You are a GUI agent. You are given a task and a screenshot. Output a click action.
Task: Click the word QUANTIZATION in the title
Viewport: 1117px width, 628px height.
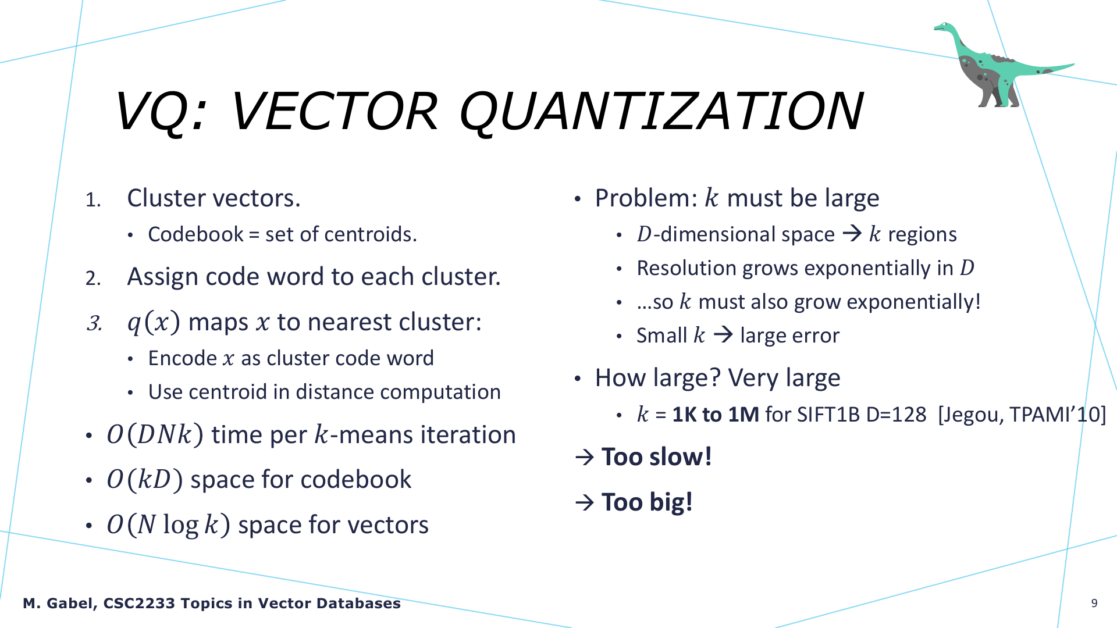661,112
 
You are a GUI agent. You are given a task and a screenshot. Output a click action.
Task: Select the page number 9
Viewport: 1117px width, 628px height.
1094,603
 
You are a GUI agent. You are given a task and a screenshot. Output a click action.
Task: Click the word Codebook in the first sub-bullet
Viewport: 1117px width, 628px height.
196,234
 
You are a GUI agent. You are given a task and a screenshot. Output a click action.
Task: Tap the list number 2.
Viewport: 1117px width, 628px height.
93,278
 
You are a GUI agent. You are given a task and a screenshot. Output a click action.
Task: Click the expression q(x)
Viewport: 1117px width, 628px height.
154,322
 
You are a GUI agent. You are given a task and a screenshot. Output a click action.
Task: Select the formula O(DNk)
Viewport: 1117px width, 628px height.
155,435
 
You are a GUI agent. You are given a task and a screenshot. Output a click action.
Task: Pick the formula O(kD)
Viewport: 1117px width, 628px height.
145,480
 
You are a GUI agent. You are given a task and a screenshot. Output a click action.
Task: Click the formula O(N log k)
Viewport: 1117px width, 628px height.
168,525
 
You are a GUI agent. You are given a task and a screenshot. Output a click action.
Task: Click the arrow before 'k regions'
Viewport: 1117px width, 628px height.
852,234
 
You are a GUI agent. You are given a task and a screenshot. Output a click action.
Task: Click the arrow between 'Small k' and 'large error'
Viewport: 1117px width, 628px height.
723,335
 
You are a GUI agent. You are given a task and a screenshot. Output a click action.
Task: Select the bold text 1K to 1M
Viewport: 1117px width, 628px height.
716,415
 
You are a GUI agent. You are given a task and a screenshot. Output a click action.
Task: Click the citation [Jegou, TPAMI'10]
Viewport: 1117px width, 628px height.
1022,415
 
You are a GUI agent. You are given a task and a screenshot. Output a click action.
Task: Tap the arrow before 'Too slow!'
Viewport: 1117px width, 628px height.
585,457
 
